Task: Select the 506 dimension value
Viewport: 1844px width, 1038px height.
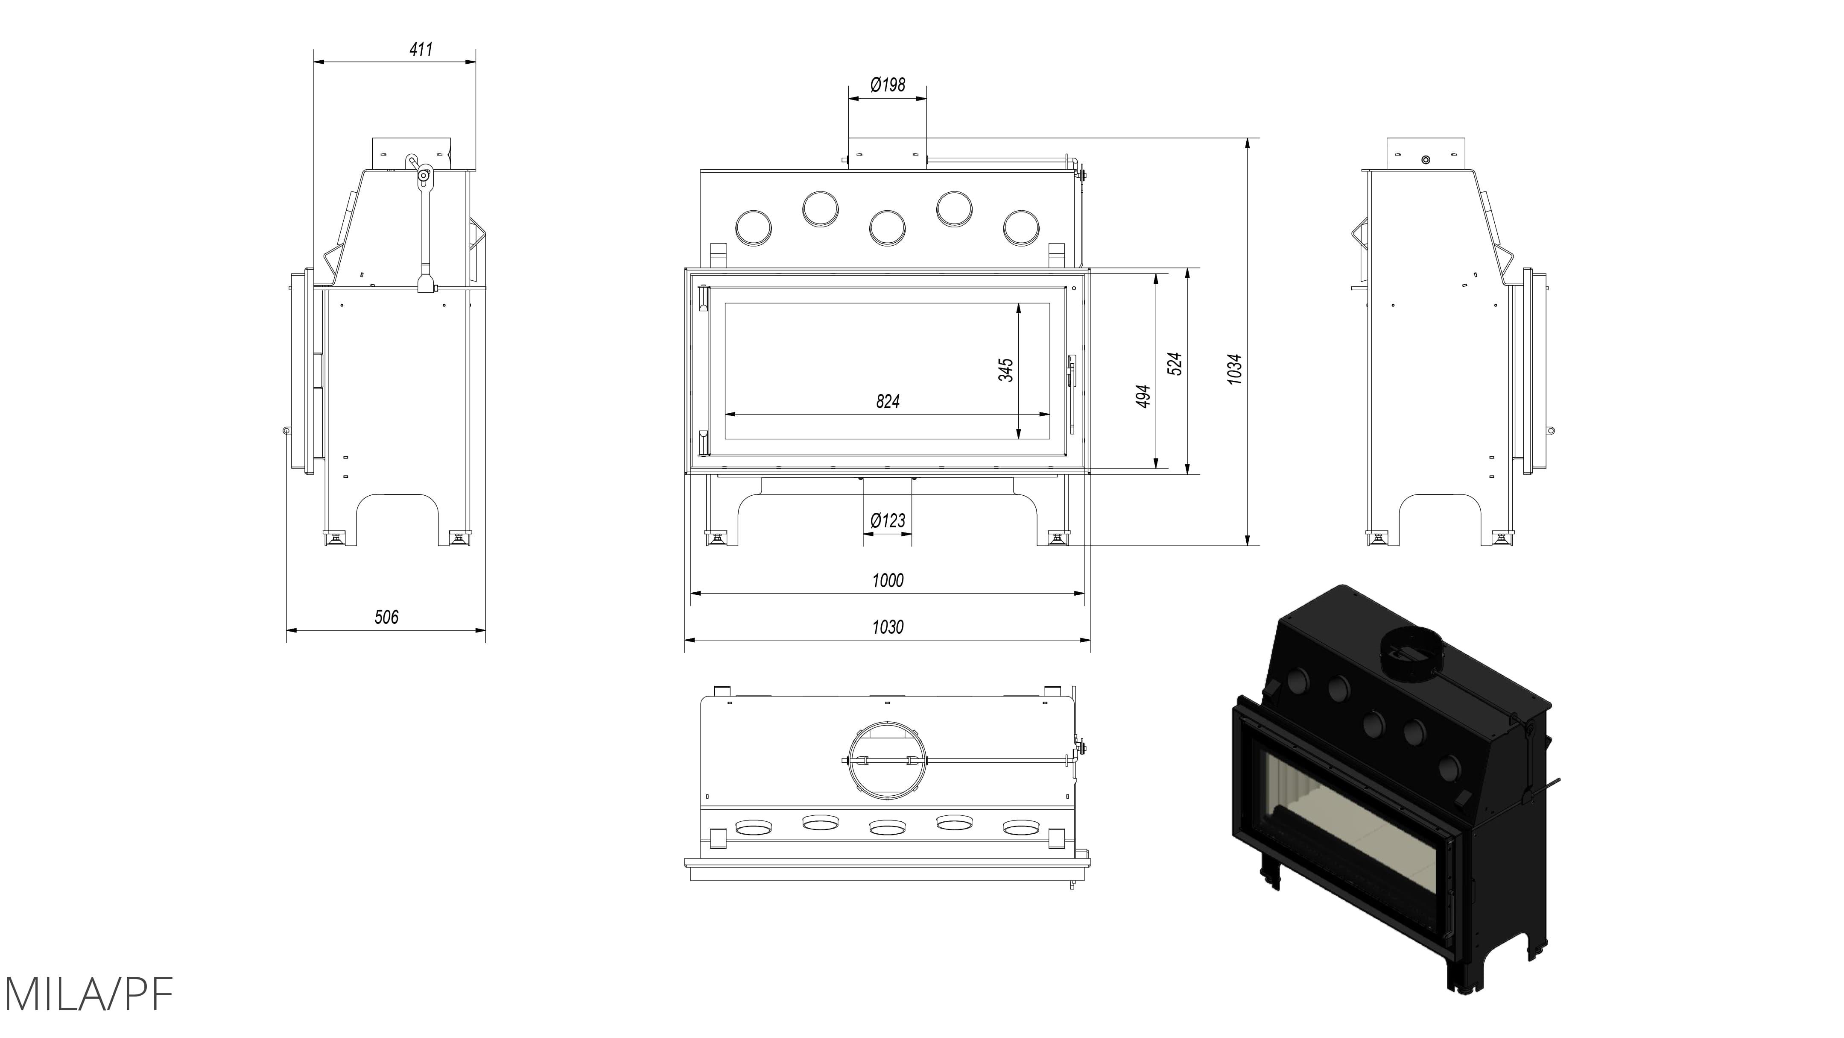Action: [386, 617]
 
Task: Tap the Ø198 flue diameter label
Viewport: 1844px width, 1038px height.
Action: [888, 85]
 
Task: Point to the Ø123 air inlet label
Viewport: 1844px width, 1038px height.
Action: [888, 521]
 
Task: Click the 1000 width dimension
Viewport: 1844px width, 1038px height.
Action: [888, 580]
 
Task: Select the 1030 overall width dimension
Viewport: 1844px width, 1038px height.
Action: [888, 627]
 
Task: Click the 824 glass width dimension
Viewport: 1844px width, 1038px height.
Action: [888, 401]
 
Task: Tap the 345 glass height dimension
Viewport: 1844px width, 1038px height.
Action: [1006, 370]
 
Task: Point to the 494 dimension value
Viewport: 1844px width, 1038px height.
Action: [1143, 396]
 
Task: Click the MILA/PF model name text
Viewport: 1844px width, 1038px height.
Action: [88, 994]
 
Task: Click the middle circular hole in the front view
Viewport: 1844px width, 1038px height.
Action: [888, 228]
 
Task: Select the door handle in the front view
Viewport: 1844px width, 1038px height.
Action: [1072, 394]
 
